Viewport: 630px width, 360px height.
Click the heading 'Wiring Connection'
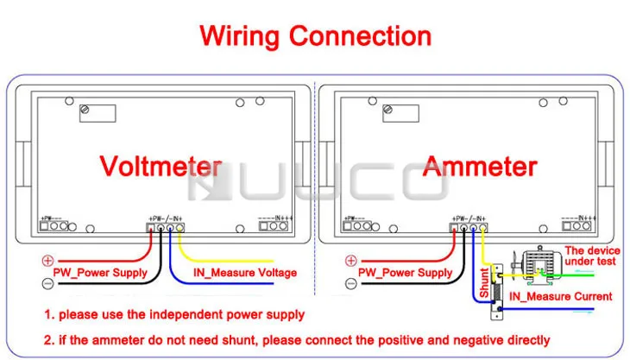pos(315,36)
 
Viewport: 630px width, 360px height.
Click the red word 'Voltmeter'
pos(161,167)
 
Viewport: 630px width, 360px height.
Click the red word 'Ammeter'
pos(479,167)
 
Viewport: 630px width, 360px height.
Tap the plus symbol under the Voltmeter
pos(47,260)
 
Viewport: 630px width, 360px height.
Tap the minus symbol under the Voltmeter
pos(47,282)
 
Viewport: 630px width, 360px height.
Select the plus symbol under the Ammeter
pos(351,260)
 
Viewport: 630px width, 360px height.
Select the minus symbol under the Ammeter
pos(351,282)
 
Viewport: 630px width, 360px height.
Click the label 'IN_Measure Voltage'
pos(244,273)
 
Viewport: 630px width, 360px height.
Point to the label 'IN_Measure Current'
pos(560,296)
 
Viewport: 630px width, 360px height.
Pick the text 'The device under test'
pos(591,256)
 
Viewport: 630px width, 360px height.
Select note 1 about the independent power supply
pos(174,315)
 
